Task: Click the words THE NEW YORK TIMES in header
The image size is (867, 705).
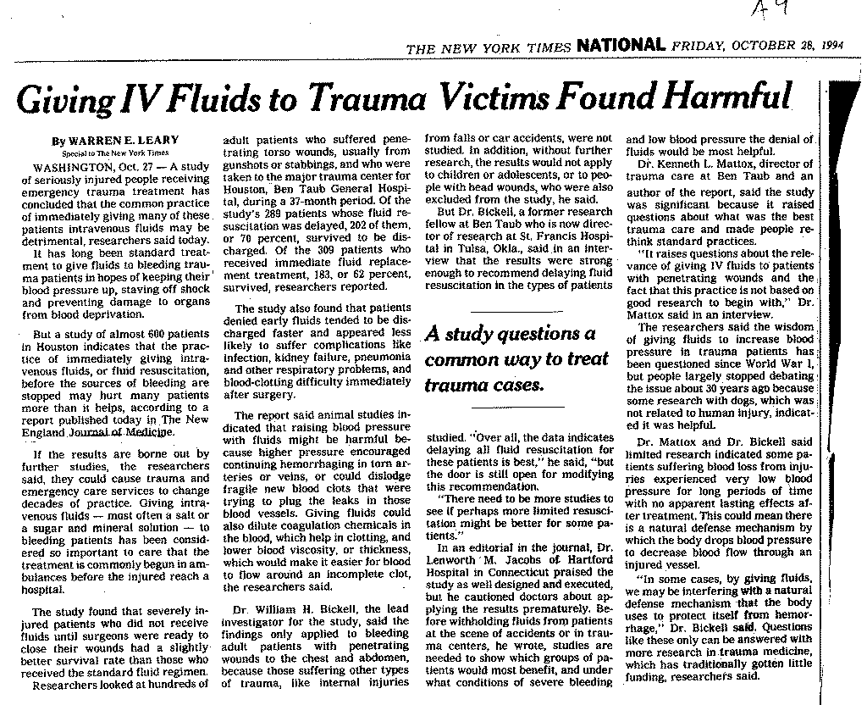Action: point(489,48)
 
